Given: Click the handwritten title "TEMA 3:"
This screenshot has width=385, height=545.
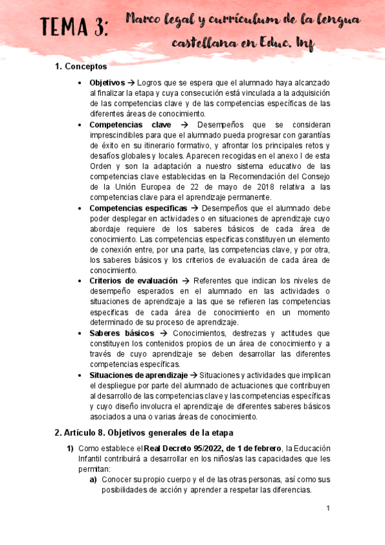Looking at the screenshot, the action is tap(75, 28).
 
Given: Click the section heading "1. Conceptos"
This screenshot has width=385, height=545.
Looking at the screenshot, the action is tap(81, 66).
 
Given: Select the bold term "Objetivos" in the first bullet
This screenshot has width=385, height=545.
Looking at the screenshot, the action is tap(107, 84).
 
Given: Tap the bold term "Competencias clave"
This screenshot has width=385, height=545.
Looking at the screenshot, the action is tap(130, 124).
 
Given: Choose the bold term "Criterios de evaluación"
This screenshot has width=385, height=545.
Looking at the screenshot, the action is tap(132, 281).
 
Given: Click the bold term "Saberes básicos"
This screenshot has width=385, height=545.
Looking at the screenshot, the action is tap(121, 333).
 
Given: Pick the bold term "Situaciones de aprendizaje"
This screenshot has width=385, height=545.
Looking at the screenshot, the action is tap(138, 375).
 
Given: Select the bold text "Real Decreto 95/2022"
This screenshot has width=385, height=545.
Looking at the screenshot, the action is tap(180, 448).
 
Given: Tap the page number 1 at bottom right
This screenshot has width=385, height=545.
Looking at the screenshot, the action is tap(328, 508).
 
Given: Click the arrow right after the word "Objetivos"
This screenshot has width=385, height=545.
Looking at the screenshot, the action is tap(130, 84).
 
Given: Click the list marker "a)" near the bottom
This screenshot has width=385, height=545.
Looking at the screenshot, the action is tap(93, 479).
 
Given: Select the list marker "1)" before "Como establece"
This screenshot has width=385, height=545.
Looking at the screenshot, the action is tap(71, 448).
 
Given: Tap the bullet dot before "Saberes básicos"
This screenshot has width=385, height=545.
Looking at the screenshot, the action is tap(79, 334).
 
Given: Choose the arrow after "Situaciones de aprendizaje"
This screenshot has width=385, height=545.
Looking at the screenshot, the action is tap(193, 375).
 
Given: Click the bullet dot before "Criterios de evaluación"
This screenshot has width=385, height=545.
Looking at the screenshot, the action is tap(79, 281).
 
